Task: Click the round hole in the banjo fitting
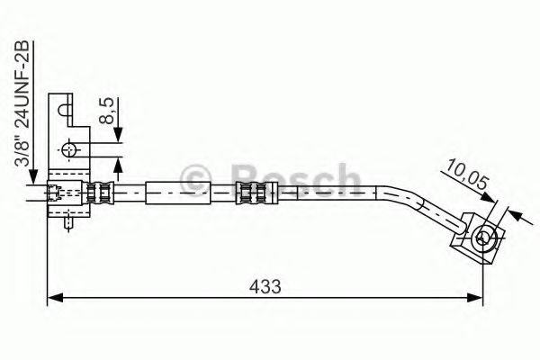[483, 238]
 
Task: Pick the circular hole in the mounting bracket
[69, 148]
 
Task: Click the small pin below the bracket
[68, 222]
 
